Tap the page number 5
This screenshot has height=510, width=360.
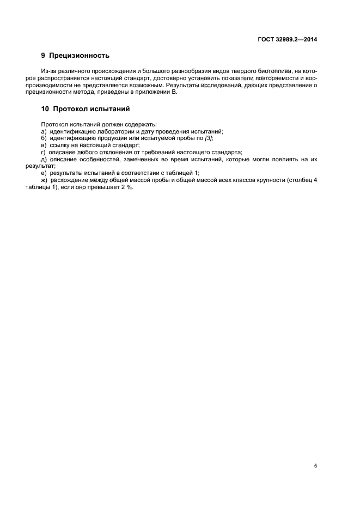(x=315, y=466)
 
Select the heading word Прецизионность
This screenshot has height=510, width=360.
(x=79, y=55)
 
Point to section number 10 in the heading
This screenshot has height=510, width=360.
(x=45, y=108)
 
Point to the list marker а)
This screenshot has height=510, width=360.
(x=44, y=131)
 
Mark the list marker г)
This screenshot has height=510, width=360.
(x=44, y=152)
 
